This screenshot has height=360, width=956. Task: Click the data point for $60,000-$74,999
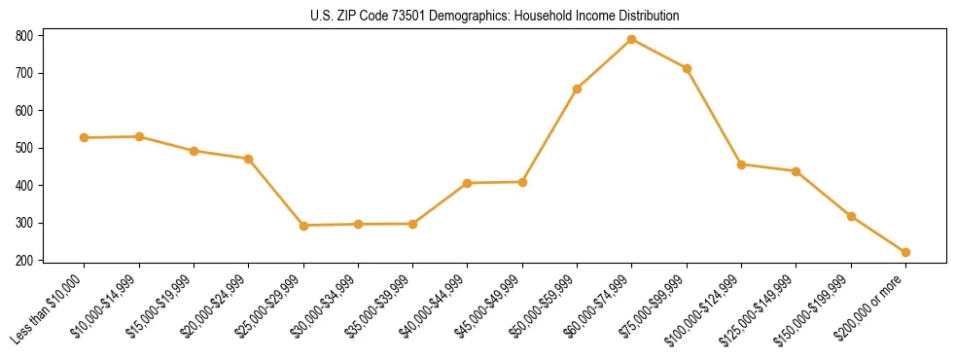click(x=632, y=39)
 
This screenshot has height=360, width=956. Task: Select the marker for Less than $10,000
click(x=85, y=138)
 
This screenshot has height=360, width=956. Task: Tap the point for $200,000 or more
click(x=905, y=252)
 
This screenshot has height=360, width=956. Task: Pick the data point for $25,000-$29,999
click(x=303, y=226)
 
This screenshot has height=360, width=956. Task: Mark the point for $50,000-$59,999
click(x=578, y=89)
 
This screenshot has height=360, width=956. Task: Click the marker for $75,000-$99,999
click(x=687, y=68)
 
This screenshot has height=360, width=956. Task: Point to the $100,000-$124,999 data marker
click(x=741, y=164)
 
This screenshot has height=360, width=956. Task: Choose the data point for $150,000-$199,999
click(x=851, y=216)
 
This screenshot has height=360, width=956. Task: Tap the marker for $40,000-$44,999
click(x=468, y=183)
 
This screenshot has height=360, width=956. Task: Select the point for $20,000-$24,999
click(x=249, y=159)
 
